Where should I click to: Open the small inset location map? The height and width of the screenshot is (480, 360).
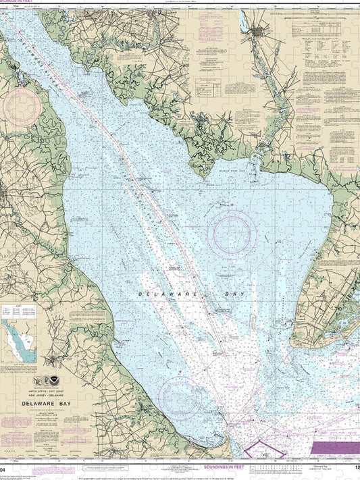pyautogui.click(x=20, y=340)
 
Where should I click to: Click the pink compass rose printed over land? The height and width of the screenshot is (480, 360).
pyautogui.click(x=22, y=108)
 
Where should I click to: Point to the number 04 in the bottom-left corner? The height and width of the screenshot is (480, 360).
pyautogui.click(x=5, y=466)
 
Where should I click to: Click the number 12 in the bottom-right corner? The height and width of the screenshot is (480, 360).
pyautogui.click(x=355, y=466)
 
